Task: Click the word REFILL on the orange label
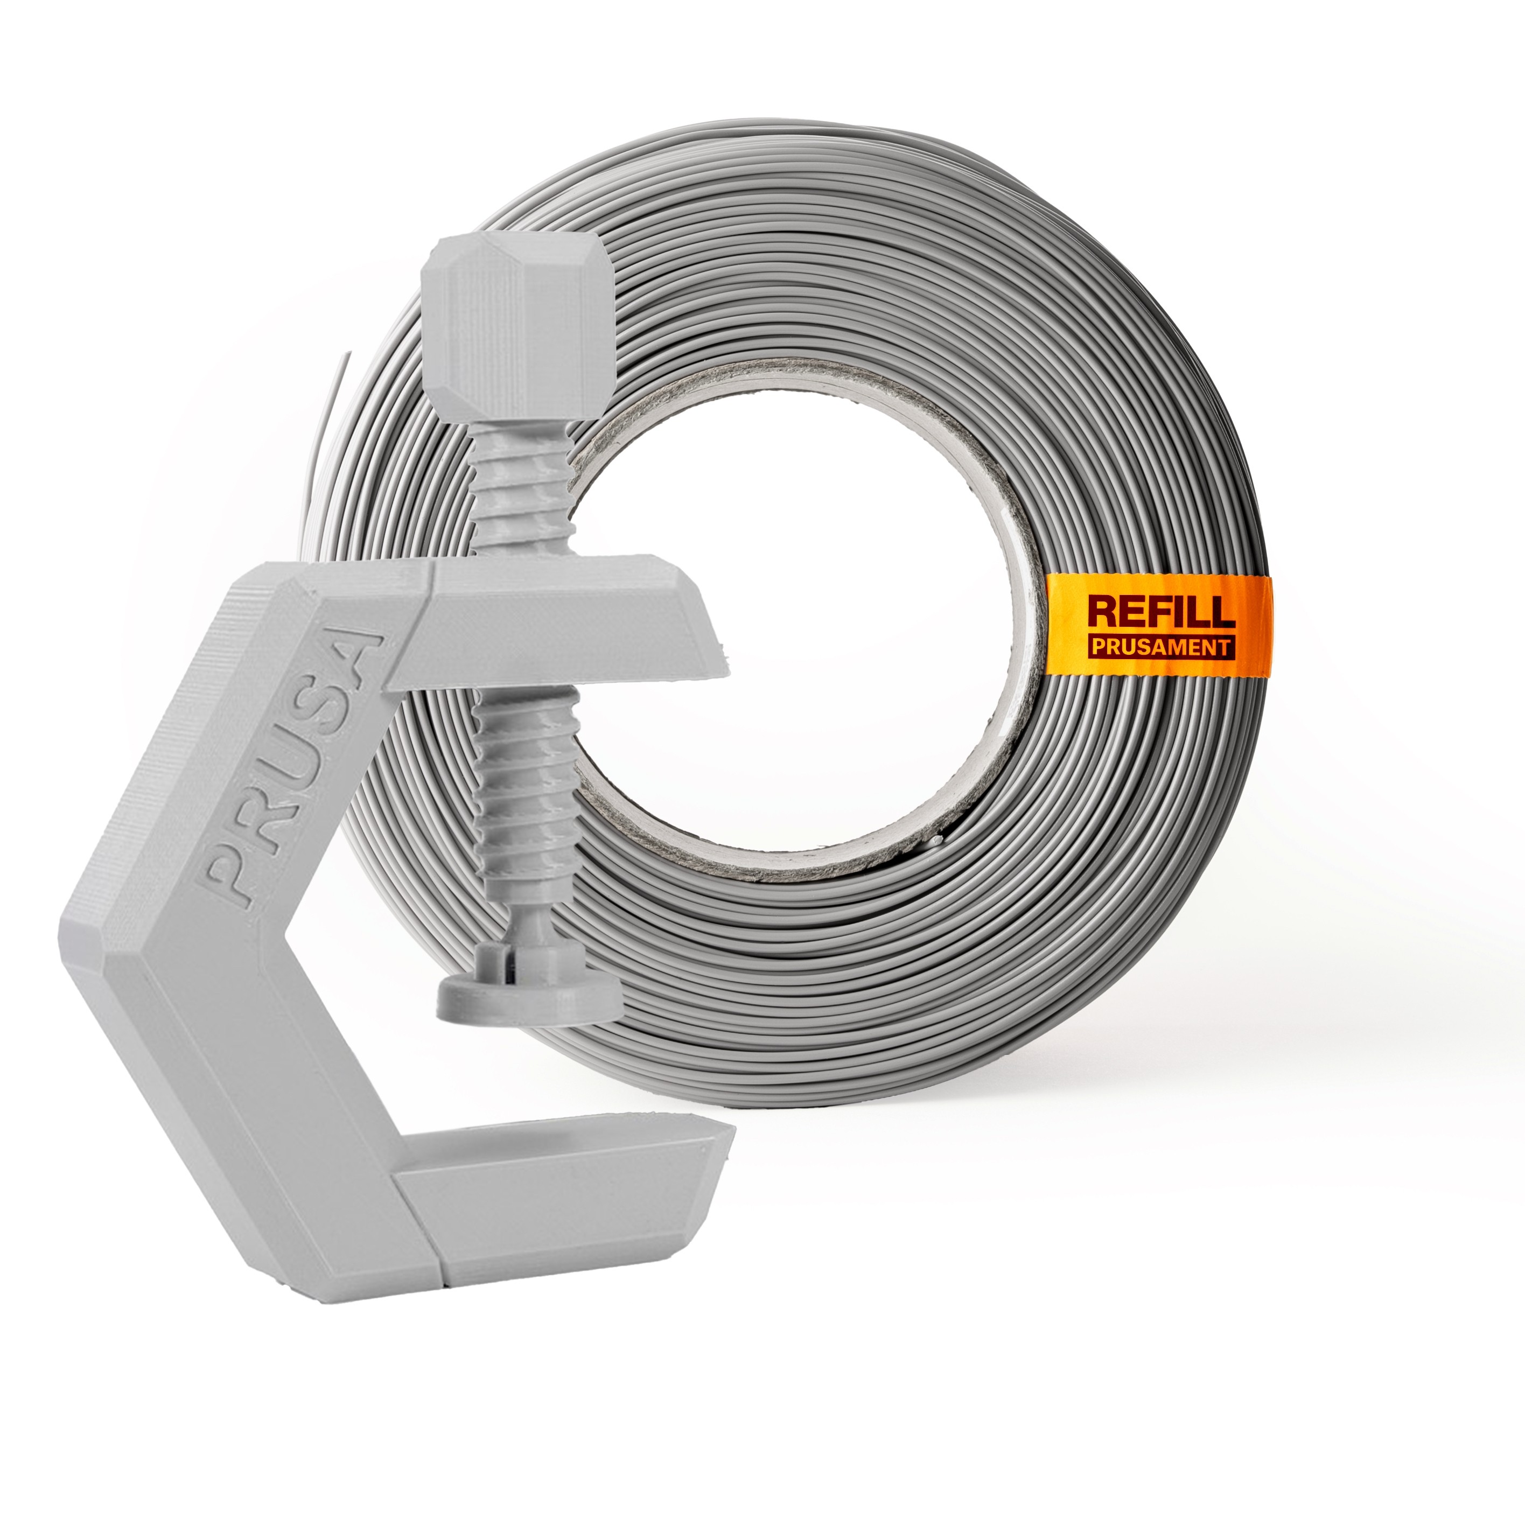point(1161,612)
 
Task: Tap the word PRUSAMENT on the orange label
point(1160,647)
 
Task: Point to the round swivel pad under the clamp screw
point(528,996)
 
